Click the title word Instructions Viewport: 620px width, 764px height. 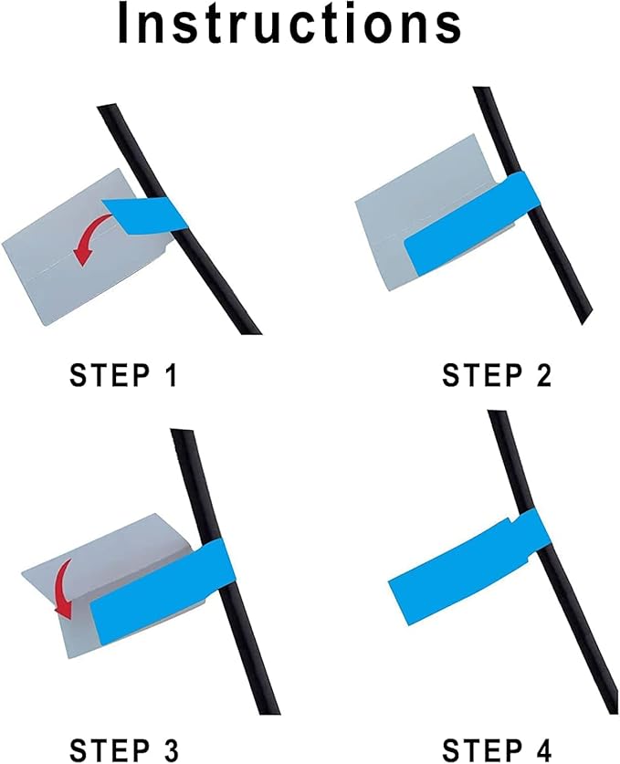[x=289, y=25]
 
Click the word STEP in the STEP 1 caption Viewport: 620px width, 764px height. [x=110, y=376]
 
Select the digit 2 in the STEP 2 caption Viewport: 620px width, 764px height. [x=542, y=376]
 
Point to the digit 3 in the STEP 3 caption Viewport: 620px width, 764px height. [x=170, y=750]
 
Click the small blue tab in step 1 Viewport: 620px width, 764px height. [x=145, y=214]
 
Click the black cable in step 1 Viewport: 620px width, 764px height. [x=181, y=219]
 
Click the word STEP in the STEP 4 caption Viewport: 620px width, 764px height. [x=482, y=750]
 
